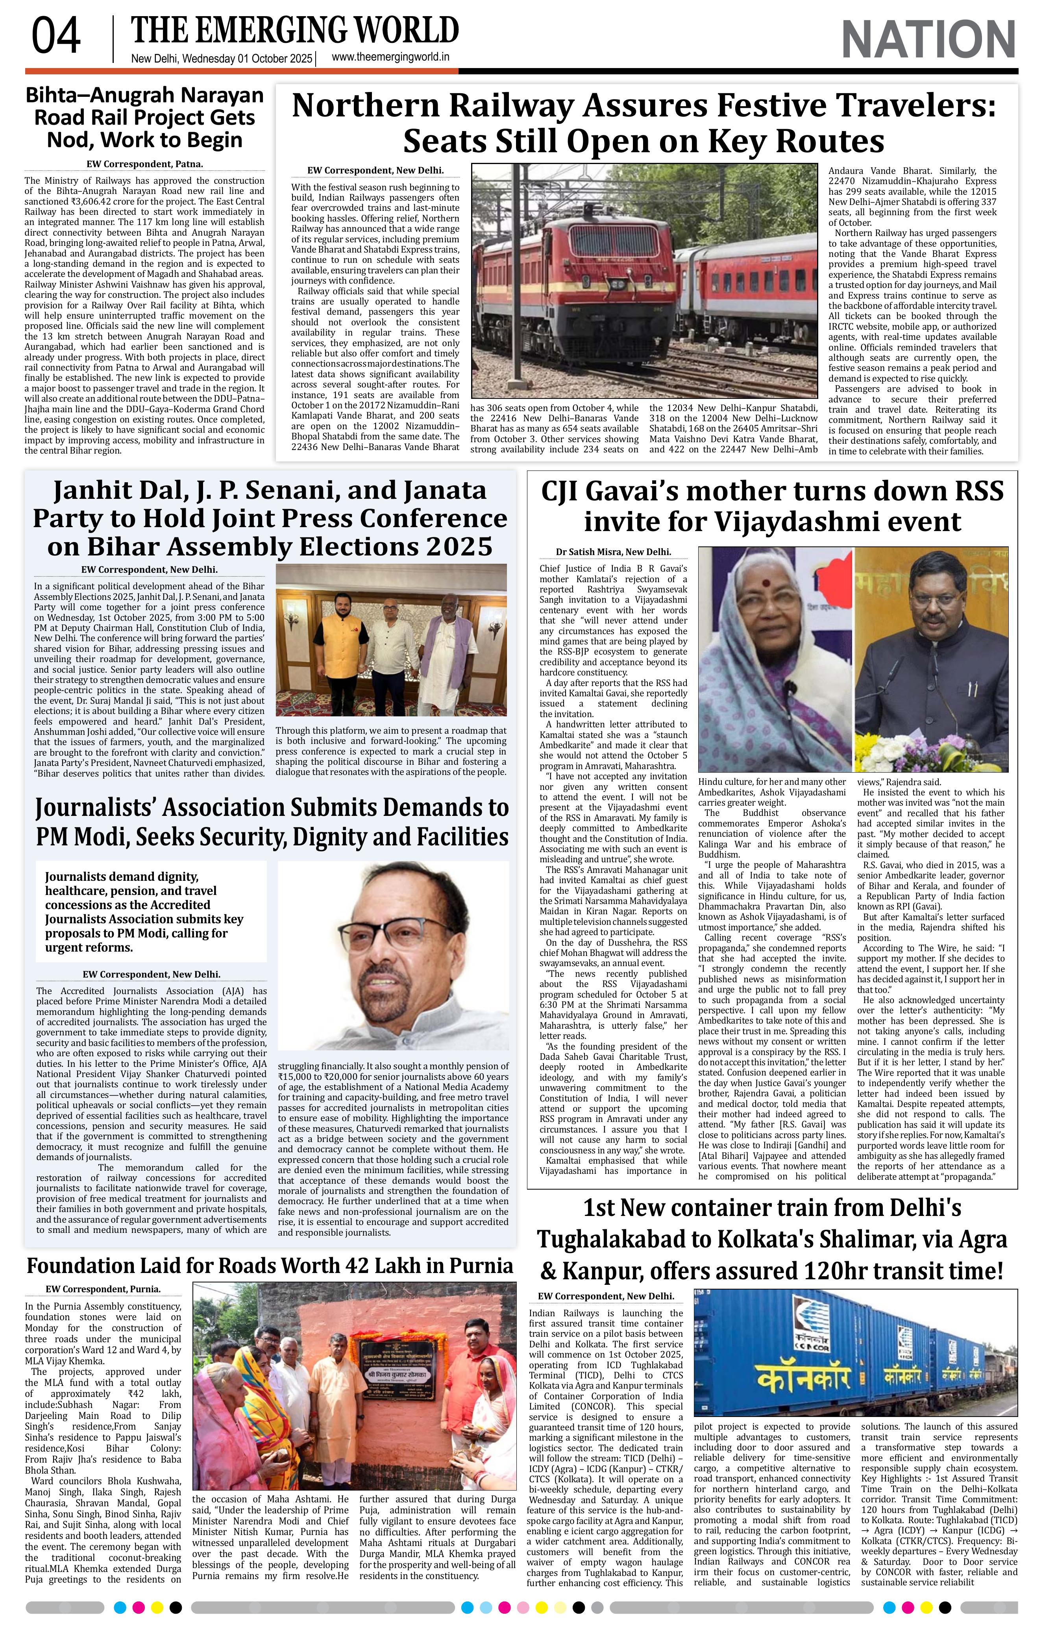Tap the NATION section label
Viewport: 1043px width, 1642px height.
[x=928, y=40]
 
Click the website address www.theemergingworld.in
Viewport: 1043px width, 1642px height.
[x=390, y=58]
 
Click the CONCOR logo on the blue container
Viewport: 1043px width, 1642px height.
[x=810, y=1332]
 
